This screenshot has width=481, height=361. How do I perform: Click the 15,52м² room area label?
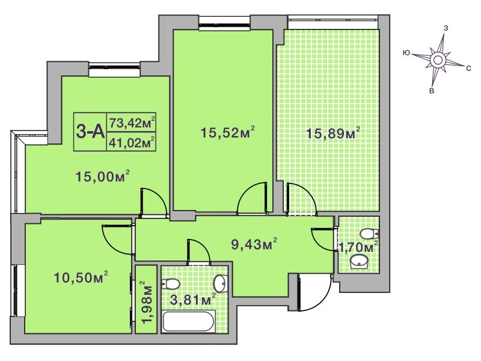coord(228,132)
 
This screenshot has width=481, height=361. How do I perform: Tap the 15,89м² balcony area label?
coord(334,134)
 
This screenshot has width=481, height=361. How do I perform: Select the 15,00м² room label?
coord(102,176)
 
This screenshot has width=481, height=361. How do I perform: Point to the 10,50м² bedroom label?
coord(81,277)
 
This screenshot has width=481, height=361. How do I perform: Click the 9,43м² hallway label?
coord(254,245)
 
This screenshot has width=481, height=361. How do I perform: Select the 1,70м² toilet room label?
coord(358,247)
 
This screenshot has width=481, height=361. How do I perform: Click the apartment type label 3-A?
coord(90,132)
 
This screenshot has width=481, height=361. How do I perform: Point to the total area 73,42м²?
coord(132,123)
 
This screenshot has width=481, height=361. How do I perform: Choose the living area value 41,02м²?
coord(132,143)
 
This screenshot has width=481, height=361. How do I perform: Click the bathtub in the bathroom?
coord(189,321)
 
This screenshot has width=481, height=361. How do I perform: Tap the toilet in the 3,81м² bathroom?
coord(170,285)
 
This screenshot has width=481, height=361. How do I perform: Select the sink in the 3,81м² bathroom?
coord(220,283)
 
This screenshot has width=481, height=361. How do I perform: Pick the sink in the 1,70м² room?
coord(359,262)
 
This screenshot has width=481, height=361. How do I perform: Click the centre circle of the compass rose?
coord(437,60)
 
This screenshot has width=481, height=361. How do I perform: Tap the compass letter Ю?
coord(405,53)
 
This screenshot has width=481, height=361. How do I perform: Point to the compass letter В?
coord(432,91)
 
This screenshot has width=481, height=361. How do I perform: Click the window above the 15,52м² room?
coord(224,23)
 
